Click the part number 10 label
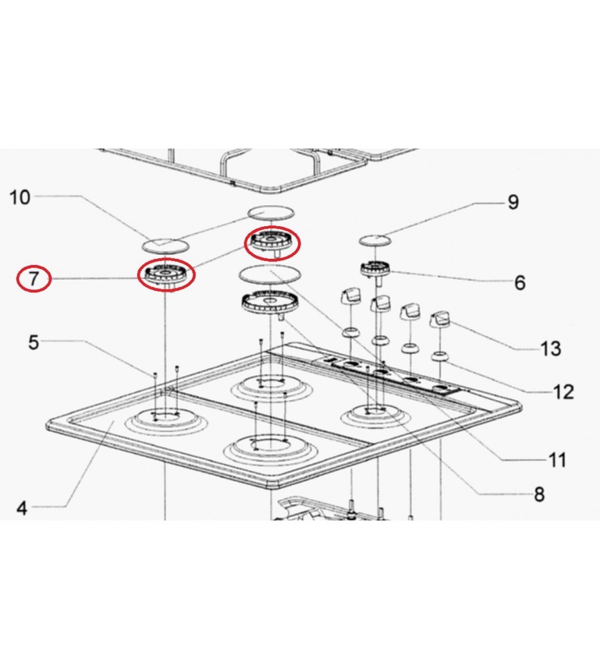coord(20,197)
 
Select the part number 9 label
coord(513,202)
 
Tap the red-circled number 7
coord(33,278)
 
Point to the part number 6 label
coord(519,283)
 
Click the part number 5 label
coord(33,342)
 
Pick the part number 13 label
coord(551,349)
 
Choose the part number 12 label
coord(563,391)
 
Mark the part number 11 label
coord(557,460)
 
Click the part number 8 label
coord(539,494)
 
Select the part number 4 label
coord(22,508)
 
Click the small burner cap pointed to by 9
coord(375,240)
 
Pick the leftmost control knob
coord(351,296)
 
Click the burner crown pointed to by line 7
coord(166,274)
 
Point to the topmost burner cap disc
coord(271,213)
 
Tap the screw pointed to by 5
coord(155,375)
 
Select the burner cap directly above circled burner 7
coord(164,246)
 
